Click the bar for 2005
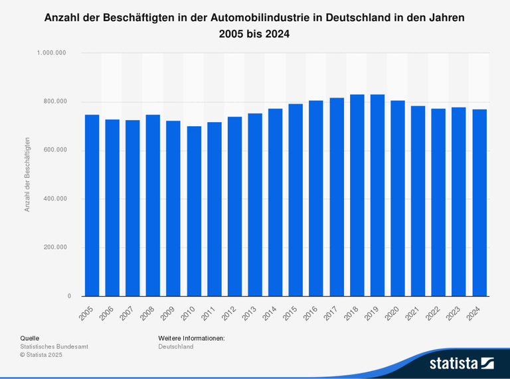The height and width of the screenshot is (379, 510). (x=92, y=205)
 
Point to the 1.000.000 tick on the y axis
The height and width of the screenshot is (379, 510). (x=55, y=53)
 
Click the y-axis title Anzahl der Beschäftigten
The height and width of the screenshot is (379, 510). (x=27, y=174)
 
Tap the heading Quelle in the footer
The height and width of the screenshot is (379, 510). (x=30, y=338)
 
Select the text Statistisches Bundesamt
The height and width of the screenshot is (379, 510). (x=54, y=346)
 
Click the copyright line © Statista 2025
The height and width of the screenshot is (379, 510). (x=41, y=355)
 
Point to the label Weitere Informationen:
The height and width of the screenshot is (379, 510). (x=191, y=338)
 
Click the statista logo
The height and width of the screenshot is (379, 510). (x=461, y=363)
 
